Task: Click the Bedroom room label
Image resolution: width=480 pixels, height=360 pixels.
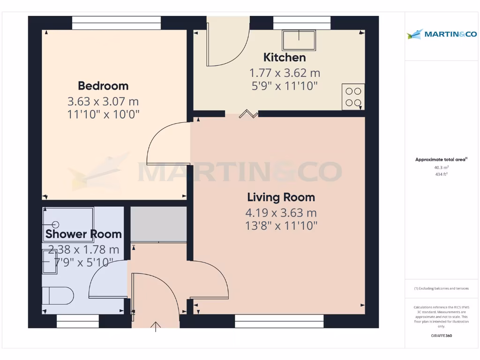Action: pyautogui.click(x=103, y=86)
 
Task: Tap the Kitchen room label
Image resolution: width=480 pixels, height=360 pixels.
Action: pyautogui.click(x=285, y=58)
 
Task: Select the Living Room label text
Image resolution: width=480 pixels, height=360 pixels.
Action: pyautogui.click(x=281, y=197)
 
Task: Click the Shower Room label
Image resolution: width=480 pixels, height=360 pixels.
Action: pyautogui.click(x=83, y=234)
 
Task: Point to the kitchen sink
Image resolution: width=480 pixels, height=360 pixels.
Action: pyautogui.click(x=299, y=40)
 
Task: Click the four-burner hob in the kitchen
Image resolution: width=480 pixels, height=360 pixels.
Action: pyautogui.click(x=353, y=97)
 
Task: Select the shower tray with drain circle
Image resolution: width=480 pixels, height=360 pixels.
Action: pyautogui.click(x=68, y=225)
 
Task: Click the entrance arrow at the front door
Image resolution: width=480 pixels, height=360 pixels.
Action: pyautogui.click(x=156, y=326)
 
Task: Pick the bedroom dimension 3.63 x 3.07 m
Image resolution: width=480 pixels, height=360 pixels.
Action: pyautogui.click(x=103, y=101)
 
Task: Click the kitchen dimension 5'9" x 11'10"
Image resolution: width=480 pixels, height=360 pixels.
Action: pyautogui.click(x=285, y=86)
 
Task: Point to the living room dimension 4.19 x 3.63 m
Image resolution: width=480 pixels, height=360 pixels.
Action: pyautogui.click(x=281, y=213)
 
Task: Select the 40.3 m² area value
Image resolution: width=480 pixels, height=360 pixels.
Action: pyautogui.click(x=441, y=167)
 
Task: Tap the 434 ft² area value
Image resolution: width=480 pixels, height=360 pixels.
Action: pyautogui.click(x=441, y=174)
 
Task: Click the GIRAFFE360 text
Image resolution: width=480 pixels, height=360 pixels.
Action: pyautogui.click(x=441, y=336)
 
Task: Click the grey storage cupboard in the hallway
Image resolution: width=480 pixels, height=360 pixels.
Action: pyautogui.click(x=158, y=224)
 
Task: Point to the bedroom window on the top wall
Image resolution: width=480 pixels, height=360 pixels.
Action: pyautogui.click(x=116, y=23)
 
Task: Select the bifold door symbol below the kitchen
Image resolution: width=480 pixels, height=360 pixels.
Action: pyautogui.click(x=248, y=113)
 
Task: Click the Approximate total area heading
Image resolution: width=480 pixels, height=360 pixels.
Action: pyautogui.click(x=441, y=160)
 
